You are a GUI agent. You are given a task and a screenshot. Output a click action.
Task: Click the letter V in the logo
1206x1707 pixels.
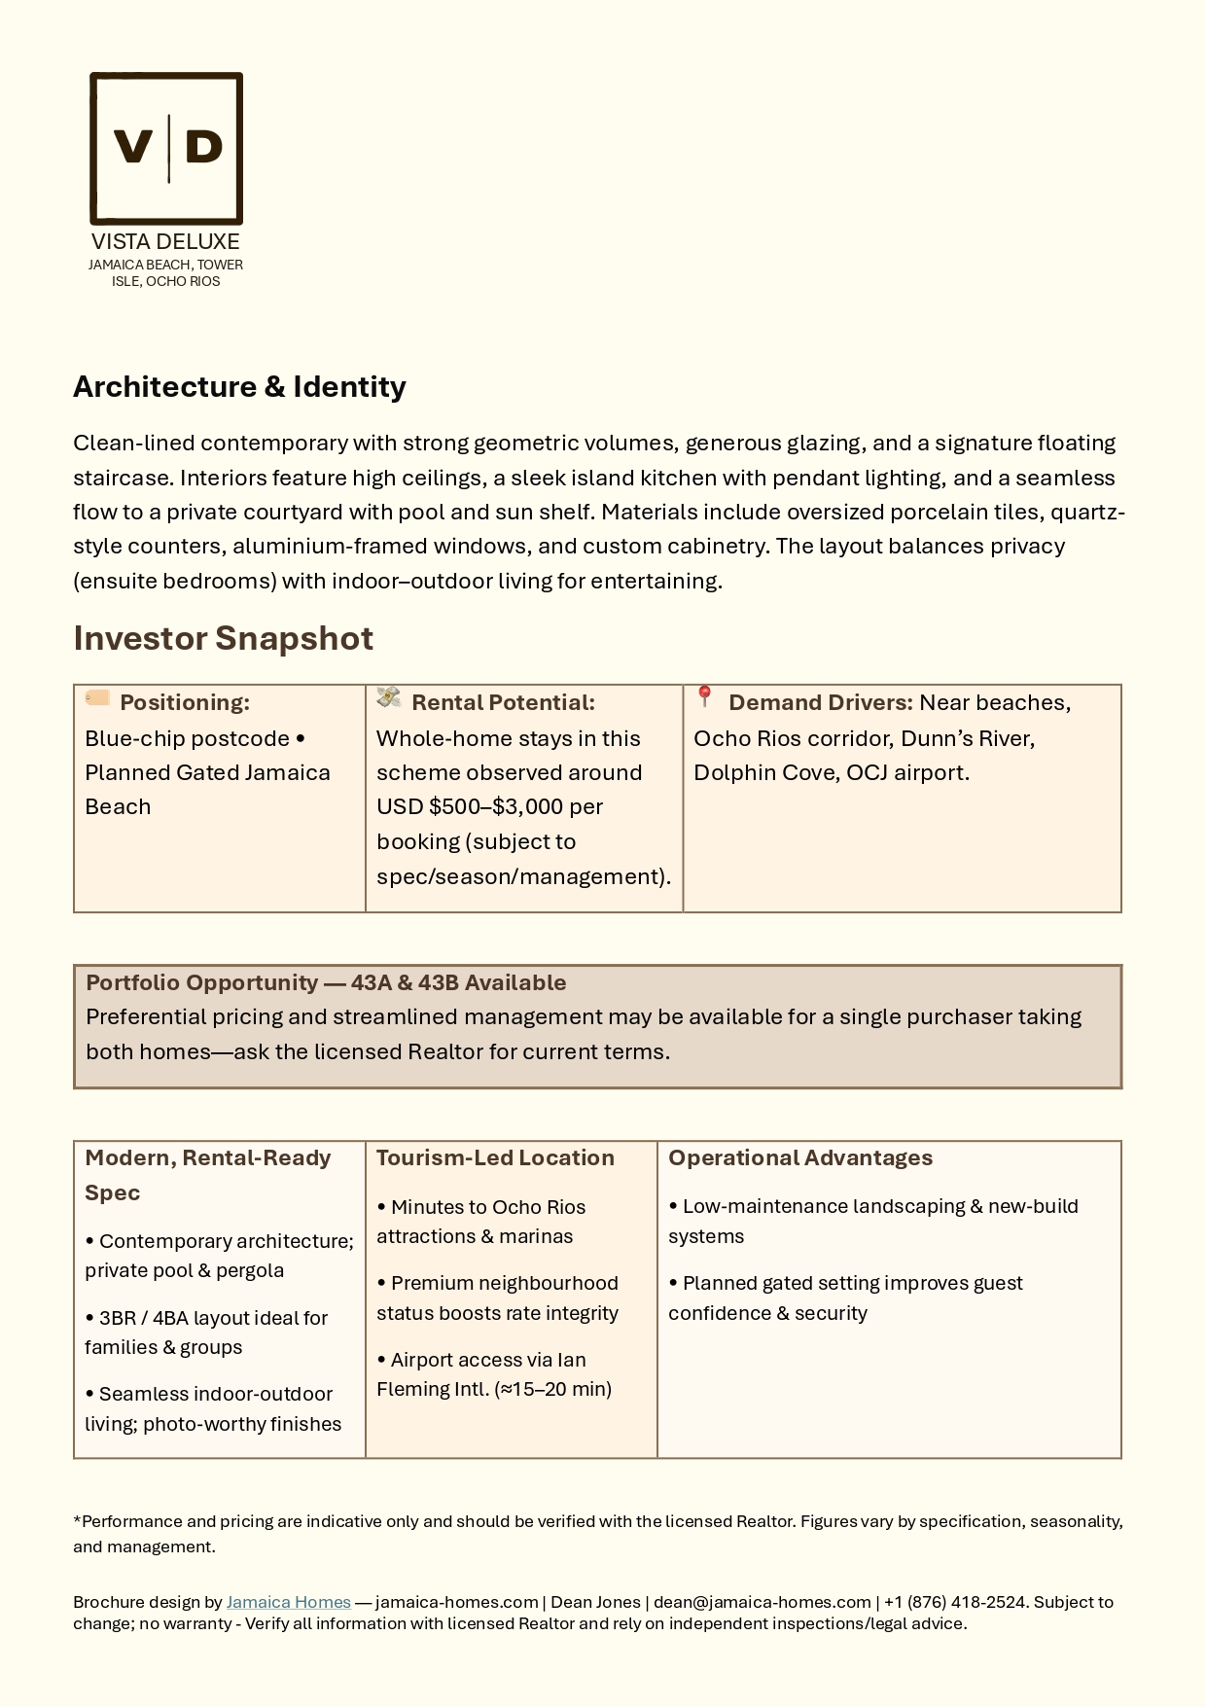click(133, 147)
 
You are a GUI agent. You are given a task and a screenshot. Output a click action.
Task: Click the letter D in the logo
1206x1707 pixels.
click(203, 147)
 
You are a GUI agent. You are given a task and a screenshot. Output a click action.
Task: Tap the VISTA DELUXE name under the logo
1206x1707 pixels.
click(165, 241)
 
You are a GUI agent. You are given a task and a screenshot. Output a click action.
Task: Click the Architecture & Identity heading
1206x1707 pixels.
click(239, 386)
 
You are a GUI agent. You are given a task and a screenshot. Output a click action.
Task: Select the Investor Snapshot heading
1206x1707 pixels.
click(223, 638)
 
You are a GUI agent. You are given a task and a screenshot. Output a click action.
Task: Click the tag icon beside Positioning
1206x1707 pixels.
click(97, 697)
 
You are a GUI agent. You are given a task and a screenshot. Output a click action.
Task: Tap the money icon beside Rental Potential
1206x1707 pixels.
click(389, 697)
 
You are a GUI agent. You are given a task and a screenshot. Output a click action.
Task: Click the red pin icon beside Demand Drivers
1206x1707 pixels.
click(706, 696)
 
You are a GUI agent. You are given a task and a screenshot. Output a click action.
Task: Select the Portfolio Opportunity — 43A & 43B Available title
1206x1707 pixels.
click(326, 982)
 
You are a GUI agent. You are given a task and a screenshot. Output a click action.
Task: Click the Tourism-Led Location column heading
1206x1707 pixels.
click(495, 1157)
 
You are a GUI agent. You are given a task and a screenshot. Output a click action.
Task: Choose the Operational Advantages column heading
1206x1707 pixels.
click(799, 1157)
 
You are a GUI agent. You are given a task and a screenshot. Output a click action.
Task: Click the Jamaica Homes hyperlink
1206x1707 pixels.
click(288, 1602)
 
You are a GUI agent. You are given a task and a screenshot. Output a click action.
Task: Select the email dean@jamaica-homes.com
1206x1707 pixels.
click(762, 1602)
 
